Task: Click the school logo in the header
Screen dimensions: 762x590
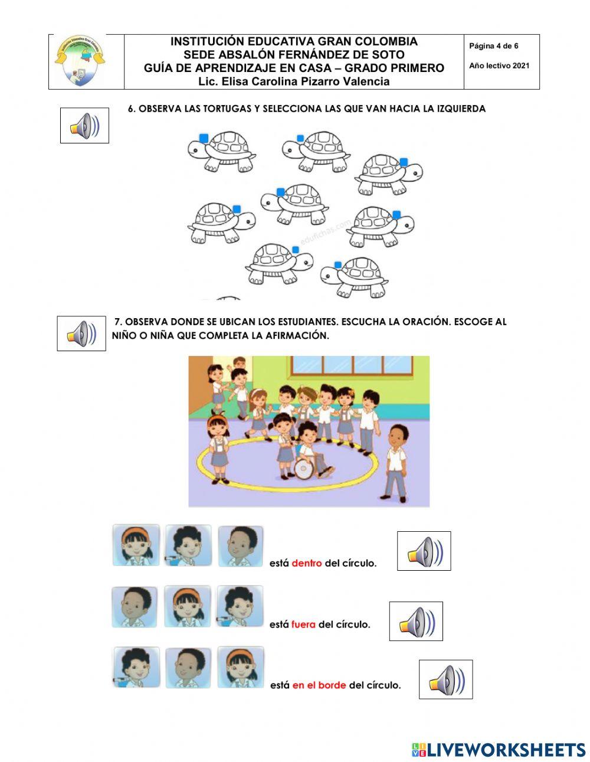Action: (x=80, y=61)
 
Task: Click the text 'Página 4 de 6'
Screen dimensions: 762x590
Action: (x=493, y=46)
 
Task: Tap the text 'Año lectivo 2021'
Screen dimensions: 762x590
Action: (x=499, y=66)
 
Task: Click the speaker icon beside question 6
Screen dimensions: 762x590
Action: (x=84, y=126)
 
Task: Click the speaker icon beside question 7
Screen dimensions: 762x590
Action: (x=81, y=333)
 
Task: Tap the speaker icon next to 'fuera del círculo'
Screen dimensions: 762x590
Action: (x=416, y=622)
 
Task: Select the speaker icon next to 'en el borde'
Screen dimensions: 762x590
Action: (x=445, y=679)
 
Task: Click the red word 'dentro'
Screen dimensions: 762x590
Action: (x=307, y=563)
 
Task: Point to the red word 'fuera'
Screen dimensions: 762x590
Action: (x=303, y=624)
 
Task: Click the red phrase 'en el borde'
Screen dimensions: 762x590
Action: (x=319, y=685)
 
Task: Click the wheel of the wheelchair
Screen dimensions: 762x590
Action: (x=304, y=469)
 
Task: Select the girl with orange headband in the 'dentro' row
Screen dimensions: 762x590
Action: (x=136, y=545)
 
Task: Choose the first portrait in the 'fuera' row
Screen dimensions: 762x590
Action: (x=135, y=607)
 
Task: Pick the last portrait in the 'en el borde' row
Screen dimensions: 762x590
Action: (x=241, y=667)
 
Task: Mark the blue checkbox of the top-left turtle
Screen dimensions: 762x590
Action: (x=204, y=138)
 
